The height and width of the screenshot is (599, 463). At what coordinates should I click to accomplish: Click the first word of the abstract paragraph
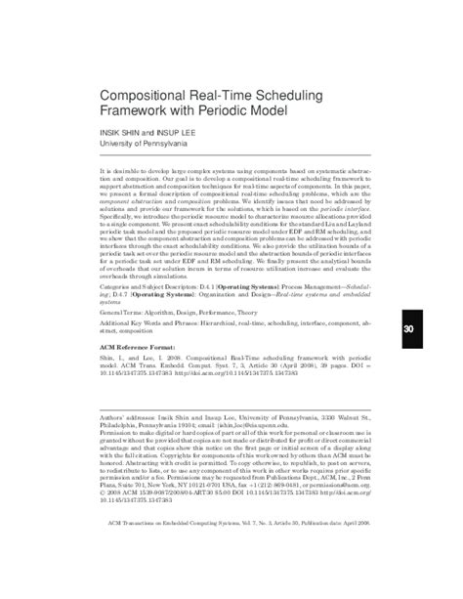tap(105, 170)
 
